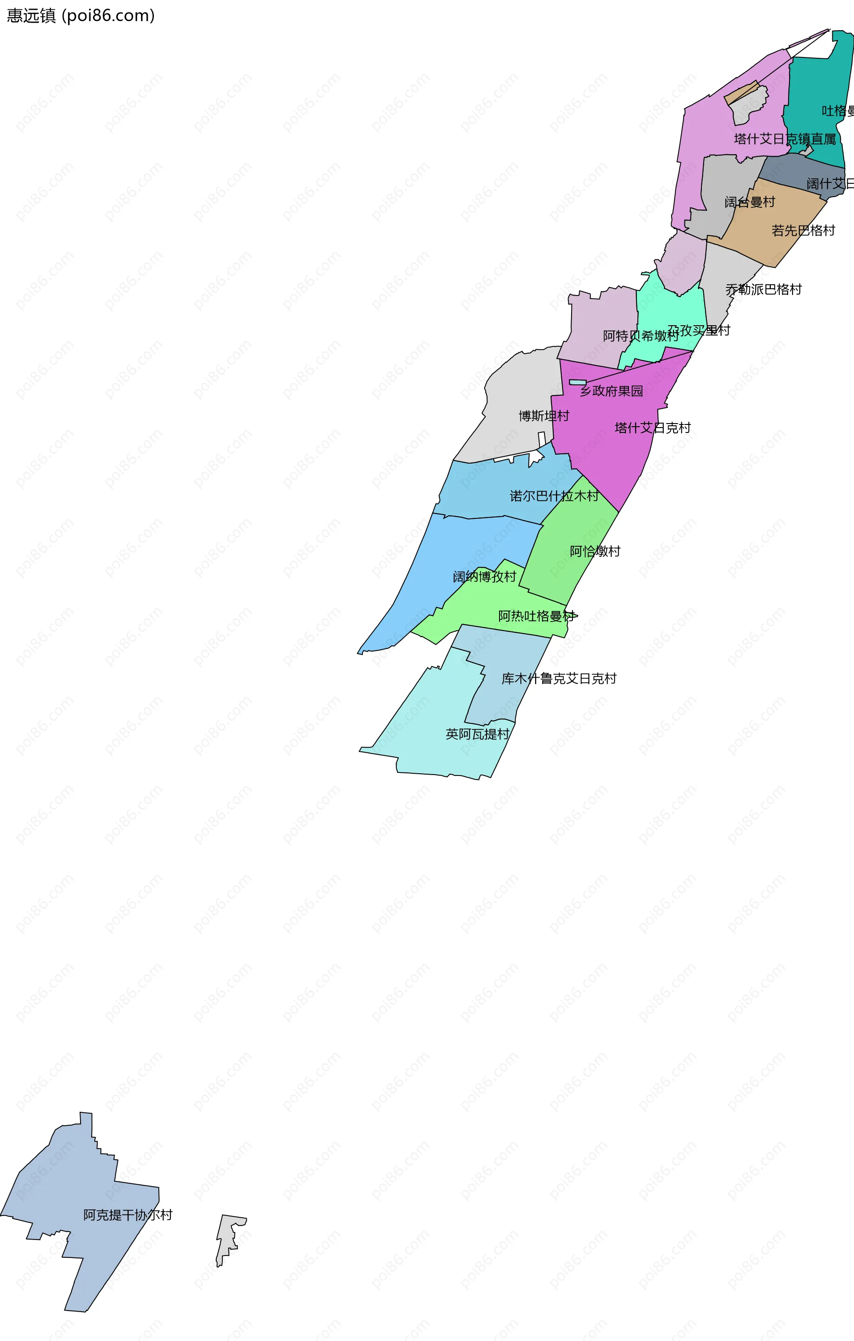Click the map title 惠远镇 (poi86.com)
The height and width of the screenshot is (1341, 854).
tap(81, 16)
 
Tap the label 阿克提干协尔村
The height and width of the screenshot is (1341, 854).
tap(128, 1215)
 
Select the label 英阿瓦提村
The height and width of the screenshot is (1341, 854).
tap(477, 734)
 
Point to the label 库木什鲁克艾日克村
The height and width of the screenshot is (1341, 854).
tap(559, 679)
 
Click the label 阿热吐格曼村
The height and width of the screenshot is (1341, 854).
tap(536, 616)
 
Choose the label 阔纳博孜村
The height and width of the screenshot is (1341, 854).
tap(484, 576)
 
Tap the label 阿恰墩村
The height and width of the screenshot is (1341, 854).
tap(595, 551)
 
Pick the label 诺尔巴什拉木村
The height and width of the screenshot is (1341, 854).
tap(554, 496)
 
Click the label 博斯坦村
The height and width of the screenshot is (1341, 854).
tap(544, 416)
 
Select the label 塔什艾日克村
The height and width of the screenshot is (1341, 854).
tap(653, 428)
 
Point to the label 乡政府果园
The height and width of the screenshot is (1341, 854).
tap(611, 391)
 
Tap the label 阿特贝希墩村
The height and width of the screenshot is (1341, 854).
tap(640, 336)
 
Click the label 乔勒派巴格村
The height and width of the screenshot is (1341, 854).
tap(763, 290)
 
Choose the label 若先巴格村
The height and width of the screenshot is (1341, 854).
tap(803, 230)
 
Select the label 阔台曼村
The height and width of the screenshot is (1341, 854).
tap(749, 202)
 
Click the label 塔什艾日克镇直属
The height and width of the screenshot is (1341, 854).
tap(785, 139)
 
